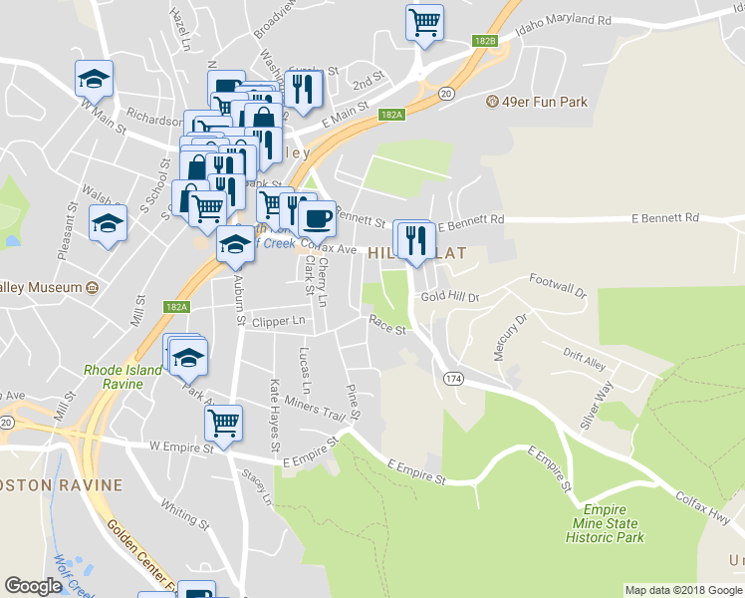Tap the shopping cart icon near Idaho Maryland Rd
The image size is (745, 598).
(425, 22)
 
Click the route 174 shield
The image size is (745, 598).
(454, 379)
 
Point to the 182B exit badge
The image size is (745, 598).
(485, 41)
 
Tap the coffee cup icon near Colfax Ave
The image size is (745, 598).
(317, 217)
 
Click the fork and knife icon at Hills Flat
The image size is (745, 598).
(415, 239)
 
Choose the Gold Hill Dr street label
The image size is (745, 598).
(450, 297)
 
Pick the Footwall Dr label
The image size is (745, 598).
(559, 285)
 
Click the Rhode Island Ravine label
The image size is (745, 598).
(123, 376)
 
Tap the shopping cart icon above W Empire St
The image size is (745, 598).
(224, 422)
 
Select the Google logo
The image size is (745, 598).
(33, 586)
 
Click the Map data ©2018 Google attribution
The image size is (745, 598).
(683, 590)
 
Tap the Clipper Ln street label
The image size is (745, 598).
(279, 322)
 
